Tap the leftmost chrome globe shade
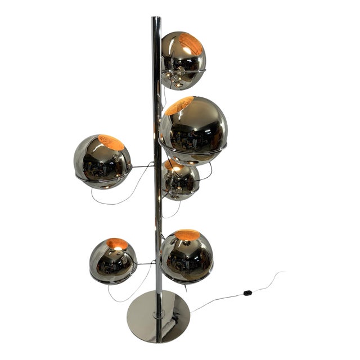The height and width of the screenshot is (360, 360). click(x=102, y=161)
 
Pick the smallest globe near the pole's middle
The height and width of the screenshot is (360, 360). click(x=180, y=180)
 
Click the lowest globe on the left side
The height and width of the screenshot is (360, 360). click(x=112, y=260)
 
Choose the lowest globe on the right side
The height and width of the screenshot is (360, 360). click(x=186, y=256)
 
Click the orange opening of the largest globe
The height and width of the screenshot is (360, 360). click(x=179, y=105)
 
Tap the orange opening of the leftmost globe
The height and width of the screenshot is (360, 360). click(x=111, y=142)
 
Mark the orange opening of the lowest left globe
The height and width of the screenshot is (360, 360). click(x=118, y=244)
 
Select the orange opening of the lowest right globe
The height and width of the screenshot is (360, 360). click(x=188, y=235)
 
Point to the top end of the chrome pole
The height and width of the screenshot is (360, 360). click(x=156, y=20)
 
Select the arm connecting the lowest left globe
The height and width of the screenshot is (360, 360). click(x=146, y=263)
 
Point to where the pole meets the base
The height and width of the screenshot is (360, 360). click(x=158, y=308)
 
